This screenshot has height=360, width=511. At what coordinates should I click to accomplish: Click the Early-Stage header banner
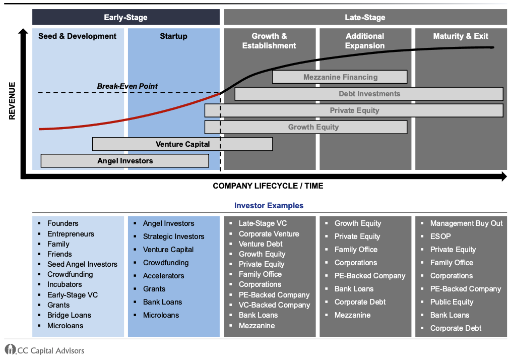click(125, 17)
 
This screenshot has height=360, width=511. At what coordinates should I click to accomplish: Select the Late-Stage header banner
click(365, 17)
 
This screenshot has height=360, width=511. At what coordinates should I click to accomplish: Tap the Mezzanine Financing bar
click(340, 77)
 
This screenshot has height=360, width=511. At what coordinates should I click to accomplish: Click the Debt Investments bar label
click(369, 94)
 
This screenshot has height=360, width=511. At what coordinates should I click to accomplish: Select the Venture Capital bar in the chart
click(182, 144)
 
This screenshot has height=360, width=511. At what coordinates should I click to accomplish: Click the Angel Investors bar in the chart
click(125, 161)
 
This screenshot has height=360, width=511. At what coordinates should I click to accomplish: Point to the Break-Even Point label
click(127, 86)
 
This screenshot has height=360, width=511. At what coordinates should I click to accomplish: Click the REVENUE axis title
click(12, 101)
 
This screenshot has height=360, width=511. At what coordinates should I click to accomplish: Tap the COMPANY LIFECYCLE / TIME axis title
click(268, 186)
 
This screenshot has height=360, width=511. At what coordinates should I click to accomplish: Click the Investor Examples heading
click(269, 206)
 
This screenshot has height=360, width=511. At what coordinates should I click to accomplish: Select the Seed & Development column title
click(77, 36)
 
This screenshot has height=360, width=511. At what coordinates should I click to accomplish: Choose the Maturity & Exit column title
click(461, 36)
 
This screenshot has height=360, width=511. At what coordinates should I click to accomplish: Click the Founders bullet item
click(62, 223)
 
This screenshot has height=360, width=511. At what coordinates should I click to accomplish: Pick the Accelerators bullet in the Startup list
click(163, 276)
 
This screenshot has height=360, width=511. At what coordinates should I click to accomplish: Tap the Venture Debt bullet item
click(261, 244)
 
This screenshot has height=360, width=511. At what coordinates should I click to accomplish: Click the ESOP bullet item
click(440, 236)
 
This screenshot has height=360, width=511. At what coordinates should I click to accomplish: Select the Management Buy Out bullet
click(466, 223)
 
